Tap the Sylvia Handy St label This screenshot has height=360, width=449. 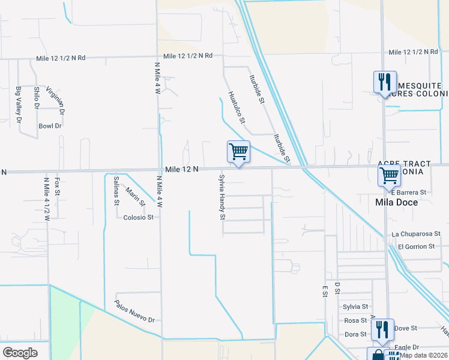222,197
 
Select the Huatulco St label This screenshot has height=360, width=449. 237,107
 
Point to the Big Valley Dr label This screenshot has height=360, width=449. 19,104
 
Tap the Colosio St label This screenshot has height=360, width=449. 139,217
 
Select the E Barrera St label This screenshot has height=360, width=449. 408,192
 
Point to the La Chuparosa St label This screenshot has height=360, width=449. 416,233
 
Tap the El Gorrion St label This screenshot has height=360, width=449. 416,247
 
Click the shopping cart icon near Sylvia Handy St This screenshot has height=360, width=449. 238,151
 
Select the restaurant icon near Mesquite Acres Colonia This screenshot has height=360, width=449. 384,82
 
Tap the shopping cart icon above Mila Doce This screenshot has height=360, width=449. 389,176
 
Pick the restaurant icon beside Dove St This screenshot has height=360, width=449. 382,329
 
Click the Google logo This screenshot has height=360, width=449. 20,353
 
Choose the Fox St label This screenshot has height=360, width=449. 58,187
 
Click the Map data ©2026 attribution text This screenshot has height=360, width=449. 424,355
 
